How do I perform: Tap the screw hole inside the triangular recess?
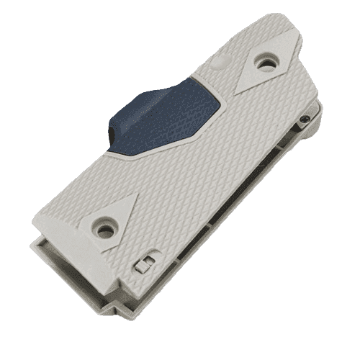(106, 230)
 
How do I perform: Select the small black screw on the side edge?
(307, 119)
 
